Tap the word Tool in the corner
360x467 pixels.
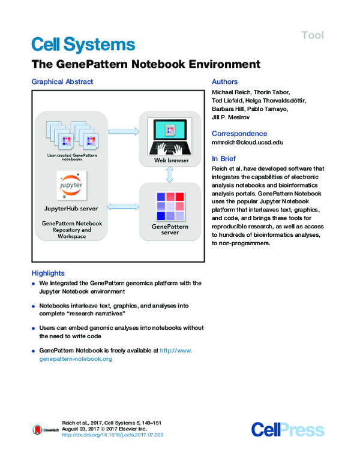click(x=313, y=35)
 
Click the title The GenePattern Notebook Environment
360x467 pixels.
click(x=145, y=64)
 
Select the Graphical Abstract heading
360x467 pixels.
click(x=62, y=82)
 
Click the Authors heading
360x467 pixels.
click(x=225, y=82)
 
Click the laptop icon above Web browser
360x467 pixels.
click(x=169, y=135)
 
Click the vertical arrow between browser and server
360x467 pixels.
click(x=169, y=174)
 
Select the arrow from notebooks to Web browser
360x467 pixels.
click(x=123, y=130)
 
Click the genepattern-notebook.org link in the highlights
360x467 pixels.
click(x=76, y=358)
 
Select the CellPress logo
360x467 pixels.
click(x=287, y=429)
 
